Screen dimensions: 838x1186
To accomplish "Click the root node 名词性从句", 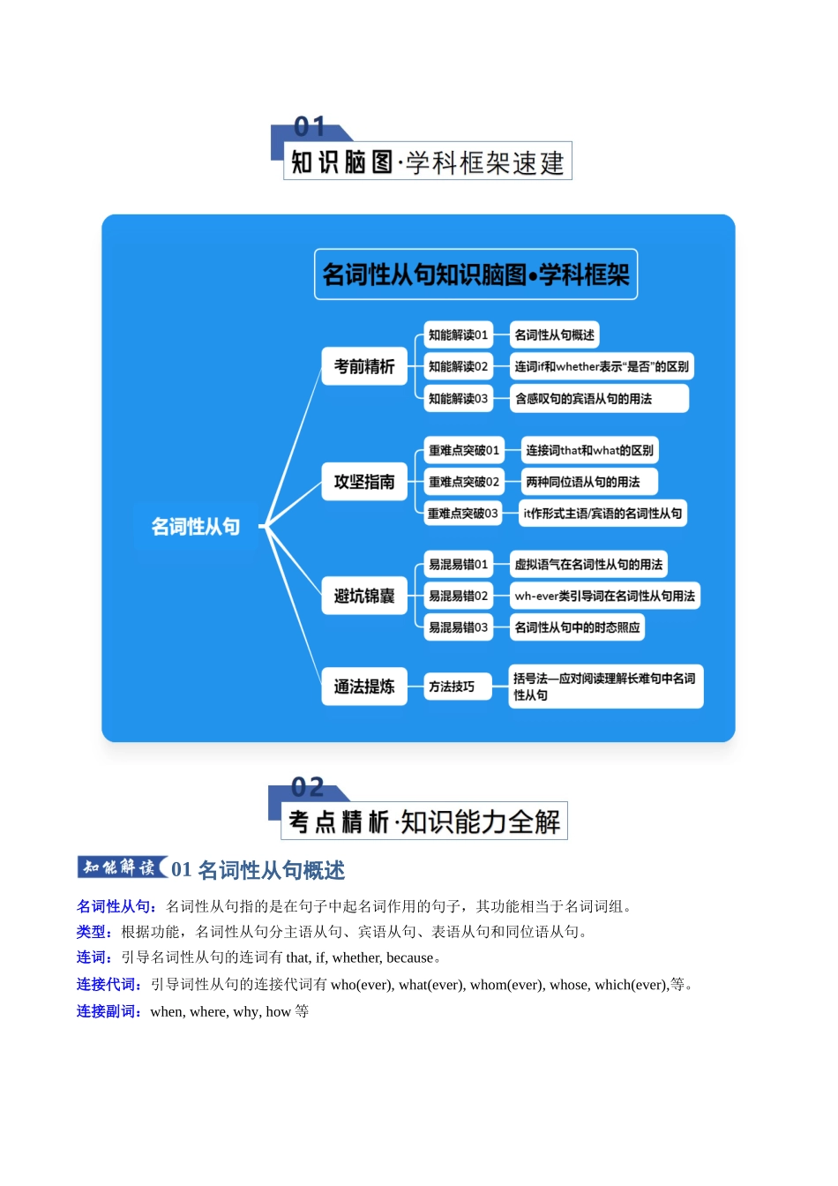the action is (x=195, y=527).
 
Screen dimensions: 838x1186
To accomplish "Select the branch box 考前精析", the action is (x=364, y=366).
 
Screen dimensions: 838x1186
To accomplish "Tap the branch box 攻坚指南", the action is (x=364, y=482).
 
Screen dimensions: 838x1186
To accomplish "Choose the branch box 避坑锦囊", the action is (x=364, y=597).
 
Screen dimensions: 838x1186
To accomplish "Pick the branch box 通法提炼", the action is (x=364, y=687).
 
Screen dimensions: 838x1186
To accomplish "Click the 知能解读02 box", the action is (x=458, y=366).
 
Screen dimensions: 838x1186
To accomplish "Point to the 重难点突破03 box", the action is (x=463, y=514).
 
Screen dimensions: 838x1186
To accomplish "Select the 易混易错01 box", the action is (x=458, y=565).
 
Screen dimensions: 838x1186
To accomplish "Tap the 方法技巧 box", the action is (x=452, y=687).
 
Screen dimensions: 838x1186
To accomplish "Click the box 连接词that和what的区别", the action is (x=589, y=451).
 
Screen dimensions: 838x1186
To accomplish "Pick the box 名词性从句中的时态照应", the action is (x=577, y=627).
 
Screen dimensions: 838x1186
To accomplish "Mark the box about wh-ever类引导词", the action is (x=604, y=597).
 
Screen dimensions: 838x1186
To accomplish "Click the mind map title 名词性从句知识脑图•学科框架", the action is (x=475, y=275).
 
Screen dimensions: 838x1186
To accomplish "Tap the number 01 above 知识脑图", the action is (x=310, y=127).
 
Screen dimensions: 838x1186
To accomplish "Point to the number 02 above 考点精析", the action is (x=308, y=787).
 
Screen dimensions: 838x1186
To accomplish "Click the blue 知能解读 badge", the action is (x=120, y=867).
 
